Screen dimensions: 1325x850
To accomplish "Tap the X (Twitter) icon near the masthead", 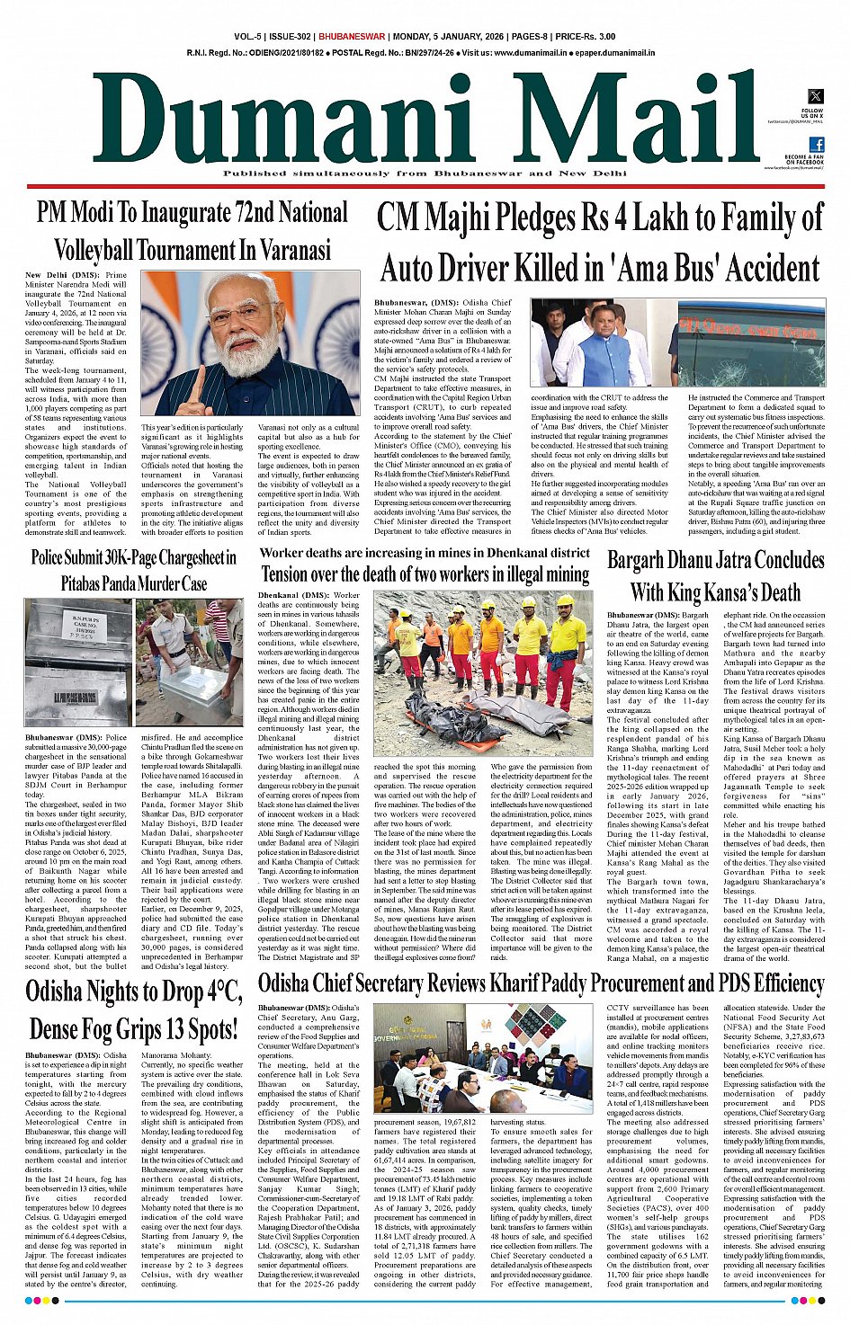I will click(x=816, y=96).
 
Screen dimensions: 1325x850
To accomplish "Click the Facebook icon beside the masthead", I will click(x=816, y=145).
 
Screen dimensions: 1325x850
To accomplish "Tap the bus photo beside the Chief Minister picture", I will click(x=751, y=343).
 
